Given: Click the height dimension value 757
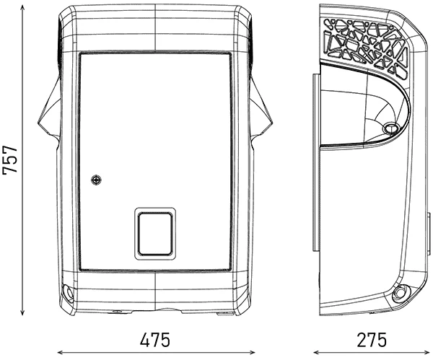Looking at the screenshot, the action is (x=10, y=159).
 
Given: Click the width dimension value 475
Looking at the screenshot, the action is (x=155, y=340).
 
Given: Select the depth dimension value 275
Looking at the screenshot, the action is (x=372, y=340).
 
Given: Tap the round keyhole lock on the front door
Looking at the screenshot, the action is (x=96, y=180).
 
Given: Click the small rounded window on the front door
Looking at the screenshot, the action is (x=155, y=234).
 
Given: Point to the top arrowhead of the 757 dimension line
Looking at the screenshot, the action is (x=22, y=6).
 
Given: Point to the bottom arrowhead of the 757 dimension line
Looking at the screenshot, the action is (x=22, y=313).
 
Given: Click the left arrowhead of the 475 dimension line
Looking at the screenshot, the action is (x=60, y=352).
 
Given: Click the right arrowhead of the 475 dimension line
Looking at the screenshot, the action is (x=252, y=352).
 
